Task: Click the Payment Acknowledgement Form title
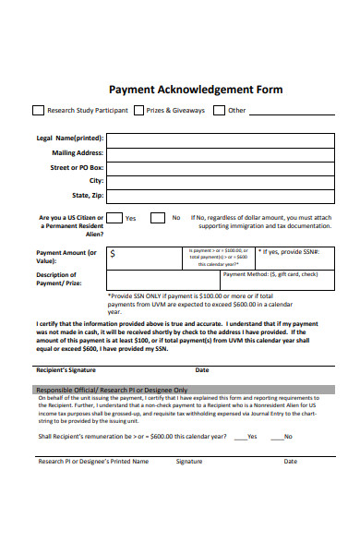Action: click(x=196, y=90)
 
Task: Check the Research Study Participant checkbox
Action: click(x=38, y=111)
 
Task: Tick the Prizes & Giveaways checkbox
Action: click(x=138, y=111)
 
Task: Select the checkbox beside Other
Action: click(x=218, y=111)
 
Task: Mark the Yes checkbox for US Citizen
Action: click(x=113, y=218)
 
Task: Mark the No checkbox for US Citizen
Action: click(x=161, y=218)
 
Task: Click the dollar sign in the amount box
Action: click(x=113, y=252)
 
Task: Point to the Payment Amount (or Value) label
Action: click(x=66, y=257)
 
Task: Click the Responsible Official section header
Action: click(x=111, y=389)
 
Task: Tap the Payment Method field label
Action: click(x=270, y=274)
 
